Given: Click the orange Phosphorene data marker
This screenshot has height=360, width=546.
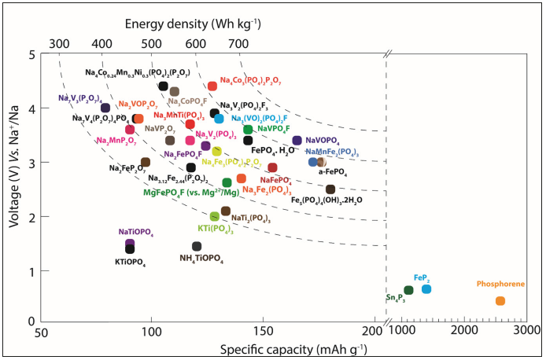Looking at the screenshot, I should tap(500, 301).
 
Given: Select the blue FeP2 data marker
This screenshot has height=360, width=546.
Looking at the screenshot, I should tap(426, 289).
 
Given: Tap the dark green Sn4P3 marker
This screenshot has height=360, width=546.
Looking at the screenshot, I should tap(408, 291).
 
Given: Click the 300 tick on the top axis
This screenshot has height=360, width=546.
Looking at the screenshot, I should tap(59, 41).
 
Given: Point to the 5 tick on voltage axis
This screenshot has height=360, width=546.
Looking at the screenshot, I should tap(31, 55).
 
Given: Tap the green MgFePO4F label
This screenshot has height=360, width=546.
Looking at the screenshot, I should tap(191, 192).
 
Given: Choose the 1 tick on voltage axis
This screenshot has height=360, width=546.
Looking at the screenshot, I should tap(31, 272).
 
